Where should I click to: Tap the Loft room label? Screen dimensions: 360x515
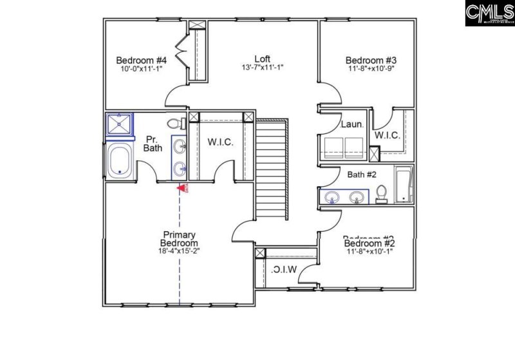[x=261, y=57]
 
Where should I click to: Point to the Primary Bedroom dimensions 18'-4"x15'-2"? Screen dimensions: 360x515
[x=179, y=252]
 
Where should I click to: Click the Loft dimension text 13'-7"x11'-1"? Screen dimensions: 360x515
[x=261, y=66]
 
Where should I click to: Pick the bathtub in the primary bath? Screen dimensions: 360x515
[x=120, y=160]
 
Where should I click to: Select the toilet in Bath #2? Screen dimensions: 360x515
[x=381, y=193]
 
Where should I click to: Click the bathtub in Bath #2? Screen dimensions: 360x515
[x=404, y=185]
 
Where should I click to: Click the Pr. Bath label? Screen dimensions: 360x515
[x=153, y=143]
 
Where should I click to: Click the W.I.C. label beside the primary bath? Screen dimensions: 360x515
[x=220, y=142]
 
